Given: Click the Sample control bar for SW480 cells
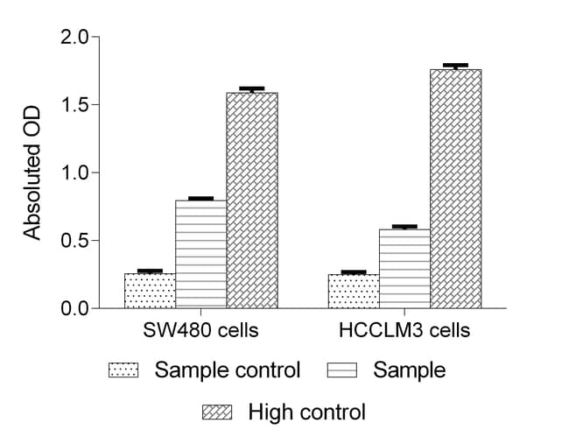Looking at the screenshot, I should (x=150, y=291).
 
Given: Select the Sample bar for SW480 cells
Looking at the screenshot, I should (x=200, y=254).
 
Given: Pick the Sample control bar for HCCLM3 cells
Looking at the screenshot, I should (x=354, y=292).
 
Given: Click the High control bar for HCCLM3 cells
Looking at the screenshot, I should (x=455, y=188).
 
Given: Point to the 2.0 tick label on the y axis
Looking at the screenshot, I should (x=74, y=38).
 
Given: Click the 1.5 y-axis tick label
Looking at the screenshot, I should (x=74, y=105).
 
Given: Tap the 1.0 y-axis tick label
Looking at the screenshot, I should (x=74, y=173).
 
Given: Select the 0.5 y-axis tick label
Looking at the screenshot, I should (x=74, y=241).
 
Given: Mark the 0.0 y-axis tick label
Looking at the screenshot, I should (x=74, y=308).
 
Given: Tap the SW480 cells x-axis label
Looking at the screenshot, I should (x=200, y=331).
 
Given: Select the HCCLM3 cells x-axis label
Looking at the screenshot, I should (x=404, y=331).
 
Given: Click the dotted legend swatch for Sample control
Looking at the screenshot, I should (x=125, y=370).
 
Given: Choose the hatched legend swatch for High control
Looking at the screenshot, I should (x=217, y=412).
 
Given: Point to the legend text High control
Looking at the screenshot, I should (x=306, y=412).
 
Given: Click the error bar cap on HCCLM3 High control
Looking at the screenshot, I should (x=455, y=65).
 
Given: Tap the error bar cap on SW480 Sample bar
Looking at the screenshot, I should (x=200, y=198).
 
